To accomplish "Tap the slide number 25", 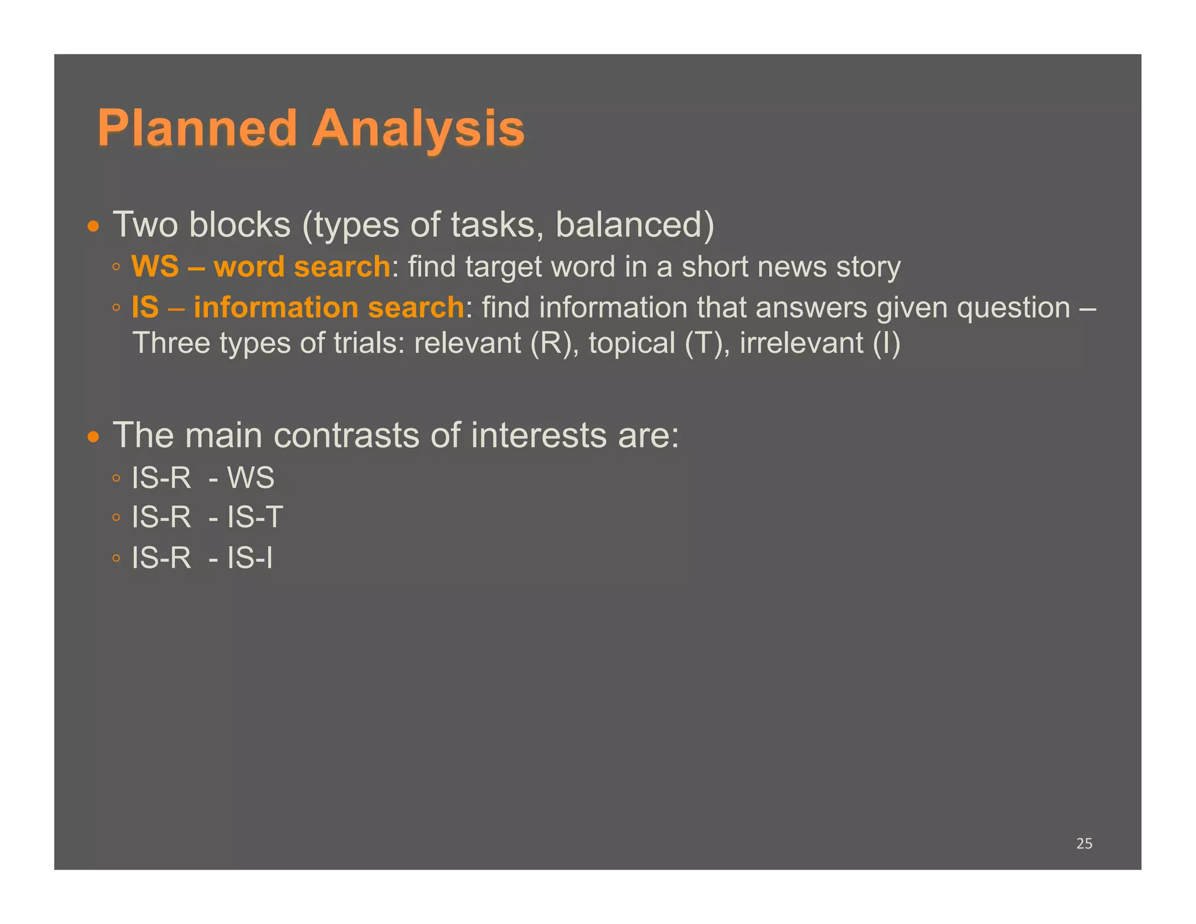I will pos(1084,843).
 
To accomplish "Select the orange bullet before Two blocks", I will pos(93,226).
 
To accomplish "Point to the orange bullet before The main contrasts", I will pos(93,437).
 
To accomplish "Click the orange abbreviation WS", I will pos(155,266).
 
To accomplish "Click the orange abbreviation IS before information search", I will pos(145,307).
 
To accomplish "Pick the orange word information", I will pos(276,307).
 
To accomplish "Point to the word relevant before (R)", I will pos(467,343).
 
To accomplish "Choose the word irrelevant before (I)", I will pos(801,343).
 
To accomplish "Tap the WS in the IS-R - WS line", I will pos(251,478).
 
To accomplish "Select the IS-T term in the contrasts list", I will pos(255,517).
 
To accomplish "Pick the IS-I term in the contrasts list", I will pos(249,558).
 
